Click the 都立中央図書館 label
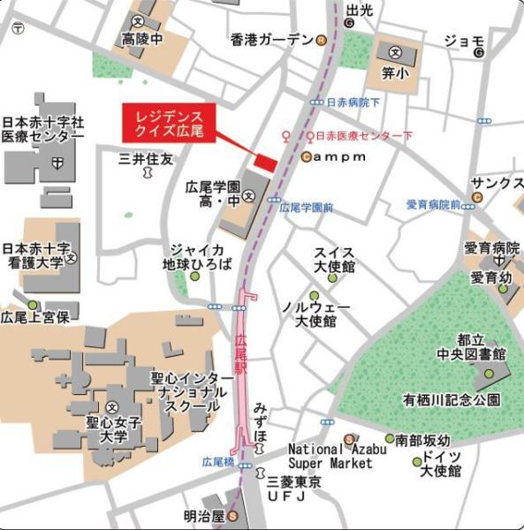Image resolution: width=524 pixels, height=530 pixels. [482, 346]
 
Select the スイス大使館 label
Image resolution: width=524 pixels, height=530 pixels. [334, 259]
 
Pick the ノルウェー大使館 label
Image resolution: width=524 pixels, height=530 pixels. [315, 314]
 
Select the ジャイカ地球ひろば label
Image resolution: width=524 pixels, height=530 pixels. [196, 256]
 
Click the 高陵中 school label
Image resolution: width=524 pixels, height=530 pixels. [143, 38]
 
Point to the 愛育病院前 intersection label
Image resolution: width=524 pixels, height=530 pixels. [433, 205]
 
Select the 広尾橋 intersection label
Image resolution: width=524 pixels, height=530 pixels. [217, 461]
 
